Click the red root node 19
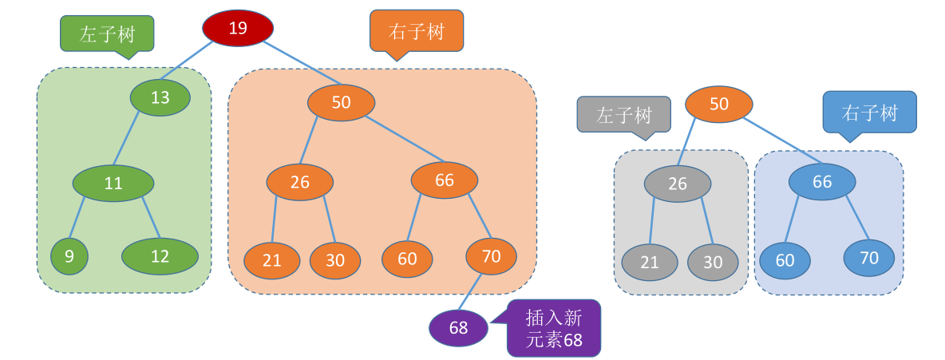coord(238,29)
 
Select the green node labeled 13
coord(160,97)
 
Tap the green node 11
coord(113,183)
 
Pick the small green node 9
coord(69,256)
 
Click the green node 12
coord(160,256)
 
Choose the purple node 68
coord(458,327)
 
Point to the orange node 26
coord(299,182)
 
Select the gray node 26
coord(677,184)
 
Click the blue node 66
coord(822,181)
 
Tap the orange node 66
coord(445,180)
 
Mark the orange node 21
coord(272,260)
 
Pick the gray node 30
coord(713,262)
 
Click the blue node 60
coord(785,260)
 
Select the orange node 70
coord(491,256)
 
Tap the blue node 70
coord(868,257)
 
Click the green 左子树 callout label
coord(107,34)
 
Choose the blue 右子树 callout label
coord(869,113)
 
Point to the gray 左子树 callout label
coord(623,115)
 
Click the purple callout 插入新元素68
coord(553,328)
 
